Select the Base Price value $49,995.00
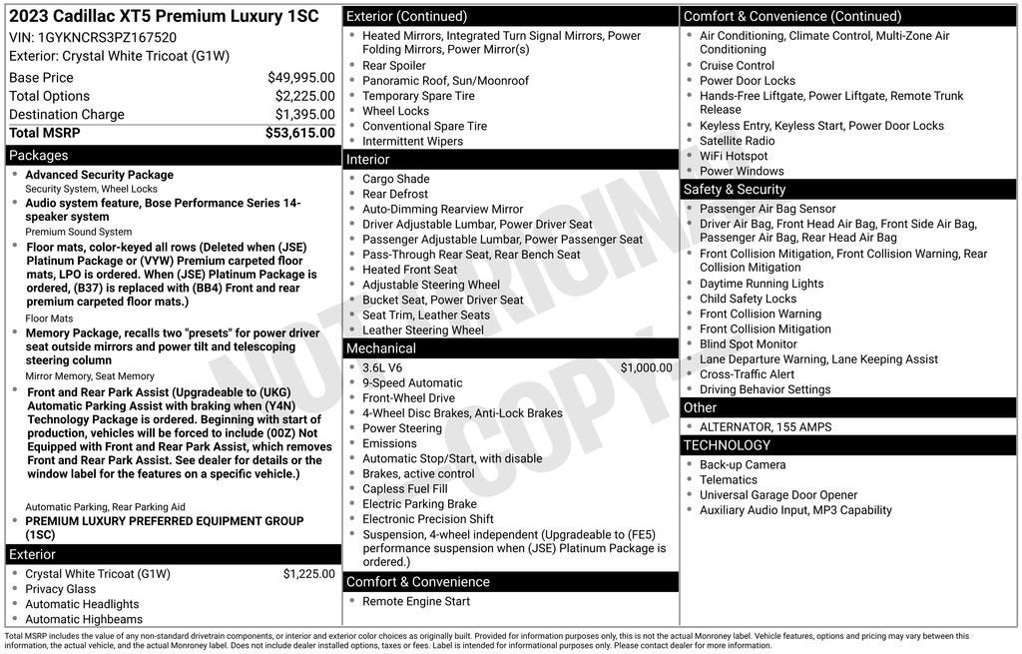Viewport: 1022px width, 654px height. pos(300,78)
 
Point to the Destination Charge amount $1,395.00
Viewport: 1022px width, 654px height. pos(304,115)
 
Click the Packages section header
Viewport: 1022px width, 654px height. pos(39,156)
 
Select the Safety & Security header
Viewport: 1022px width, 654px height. pos(735,190)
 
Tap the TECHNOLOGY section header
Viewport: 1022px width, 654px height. pos(727,445)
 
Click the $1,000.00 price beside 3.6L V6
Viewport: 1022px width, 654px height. pos(646,367)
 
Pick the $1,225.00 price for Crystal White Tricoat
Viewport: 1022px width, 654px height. pos(308,574)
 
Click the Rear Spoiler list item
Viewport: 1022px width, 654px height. pos(394,66)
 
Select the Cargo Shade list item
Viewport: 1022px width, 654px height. pos(396,179)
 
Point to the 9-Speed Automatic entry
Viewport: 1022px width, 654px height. pos(412,382)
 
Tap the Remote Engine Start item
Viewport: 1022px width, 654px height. pos(416,601)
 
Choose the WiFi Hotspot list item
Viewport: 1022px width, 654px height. pos(734,156)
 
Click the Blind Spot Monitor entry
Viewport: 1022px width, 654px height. pos(749,344)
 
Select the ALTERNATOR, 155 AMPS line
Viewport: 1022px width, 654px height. pos(766,427)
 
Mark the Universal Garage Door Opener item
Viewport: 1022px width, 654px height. pos(778,495)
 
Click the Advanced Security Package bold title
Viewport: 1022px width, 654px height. pos(99,175)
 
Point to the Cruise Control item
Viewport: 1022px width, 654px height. pos(737,66)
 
